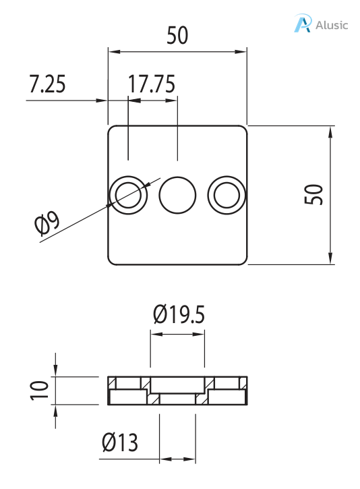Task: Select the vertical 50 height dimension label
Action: [x=315, y=194]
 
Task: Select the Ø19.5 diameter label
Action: [x=178, y=315]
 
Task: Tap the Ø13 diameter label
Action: [x=119, y=442]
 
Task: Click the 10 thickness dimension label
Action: [x=39, y=390]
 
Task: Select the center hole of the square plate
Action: [x=177, y=196]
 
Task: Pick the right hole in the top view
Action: [x=226, y=196]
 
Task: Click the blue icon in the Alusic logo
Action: [x=302, y=24]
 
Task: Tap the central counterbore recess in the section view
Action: [x=177, y=384]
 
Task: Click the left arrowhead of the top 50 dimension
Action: [x=113, y=51]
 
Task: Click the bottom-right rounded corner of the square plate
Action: [x=243, y=261]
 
